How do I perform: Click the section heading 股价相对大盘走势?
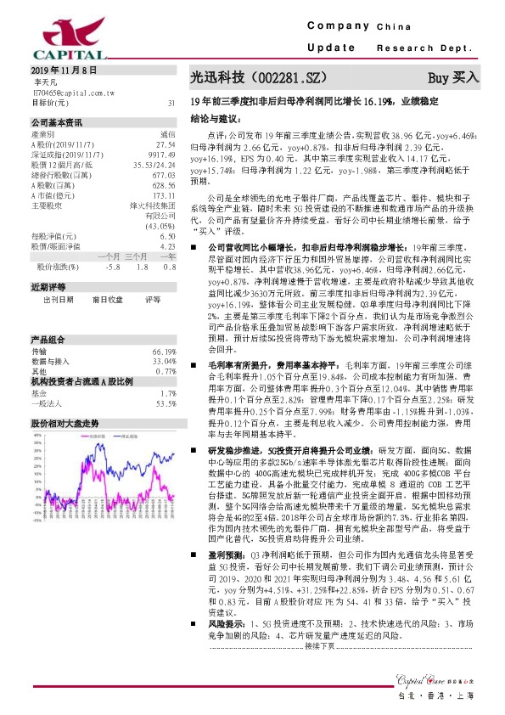(x=65, y=422)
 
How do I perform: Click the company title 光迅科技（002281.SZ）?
(x=258, y=77)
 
